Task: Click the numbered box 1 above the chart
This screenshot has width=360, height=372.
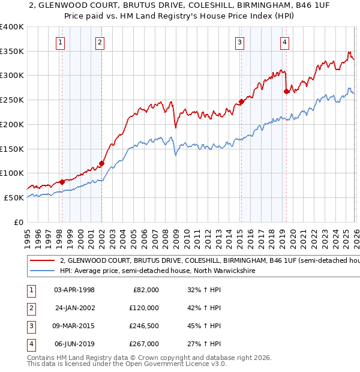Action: click(x=61, y=42)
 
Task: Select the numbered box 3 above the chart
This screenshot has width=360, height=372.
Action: click(x=239, y=42)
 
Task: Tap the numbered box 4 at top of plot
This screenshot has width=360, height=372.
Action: click(x=284, y=42)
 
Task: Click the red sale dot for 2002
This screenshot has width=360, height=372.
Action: click(x=101, y=163)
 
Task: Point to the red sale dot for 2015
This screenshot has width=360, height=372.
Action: click(x=241, y=101)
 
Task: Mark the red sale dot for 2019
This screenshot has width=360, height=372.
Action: click(x=286, y=92)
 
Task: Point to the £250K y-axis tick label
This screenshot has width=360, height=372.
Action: click(x=12, y=100)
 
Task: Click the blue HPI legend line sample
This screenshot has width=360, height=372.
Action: click(x=42, y=271)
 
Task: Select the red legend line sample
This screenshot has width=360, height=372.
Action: click(x=42, y=261)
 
